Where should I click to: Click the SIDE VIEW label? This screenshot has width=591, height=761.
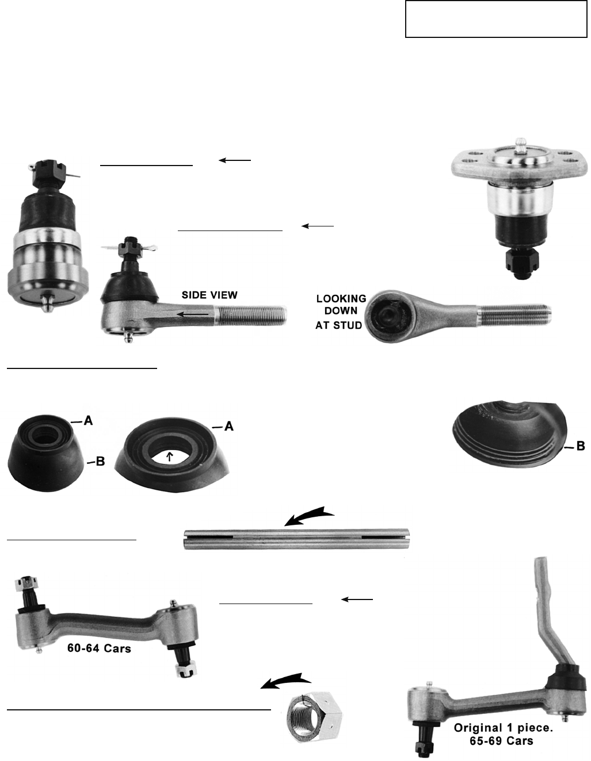209,295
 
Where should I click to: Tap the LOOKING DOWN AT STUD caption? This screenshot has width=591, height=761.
340,312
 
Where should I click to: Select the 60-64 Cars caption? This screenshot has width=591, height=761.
99,648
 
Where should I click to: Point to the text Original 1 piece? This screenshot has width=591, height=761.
503,728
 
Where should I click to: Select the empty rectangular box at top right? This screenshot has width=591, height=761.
496,18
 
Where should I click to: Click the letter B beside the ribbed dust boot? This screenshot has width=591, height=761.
580,446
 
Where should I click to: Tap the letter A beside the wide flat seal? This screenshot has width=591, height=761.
228,426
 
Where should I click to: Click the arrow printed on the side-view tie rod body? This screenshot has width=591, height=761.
192,314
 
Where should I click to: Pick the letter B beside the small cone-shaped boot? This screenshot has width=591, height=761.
100,462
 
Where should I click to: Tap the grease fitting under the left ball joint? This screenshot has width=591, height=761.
47,302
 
